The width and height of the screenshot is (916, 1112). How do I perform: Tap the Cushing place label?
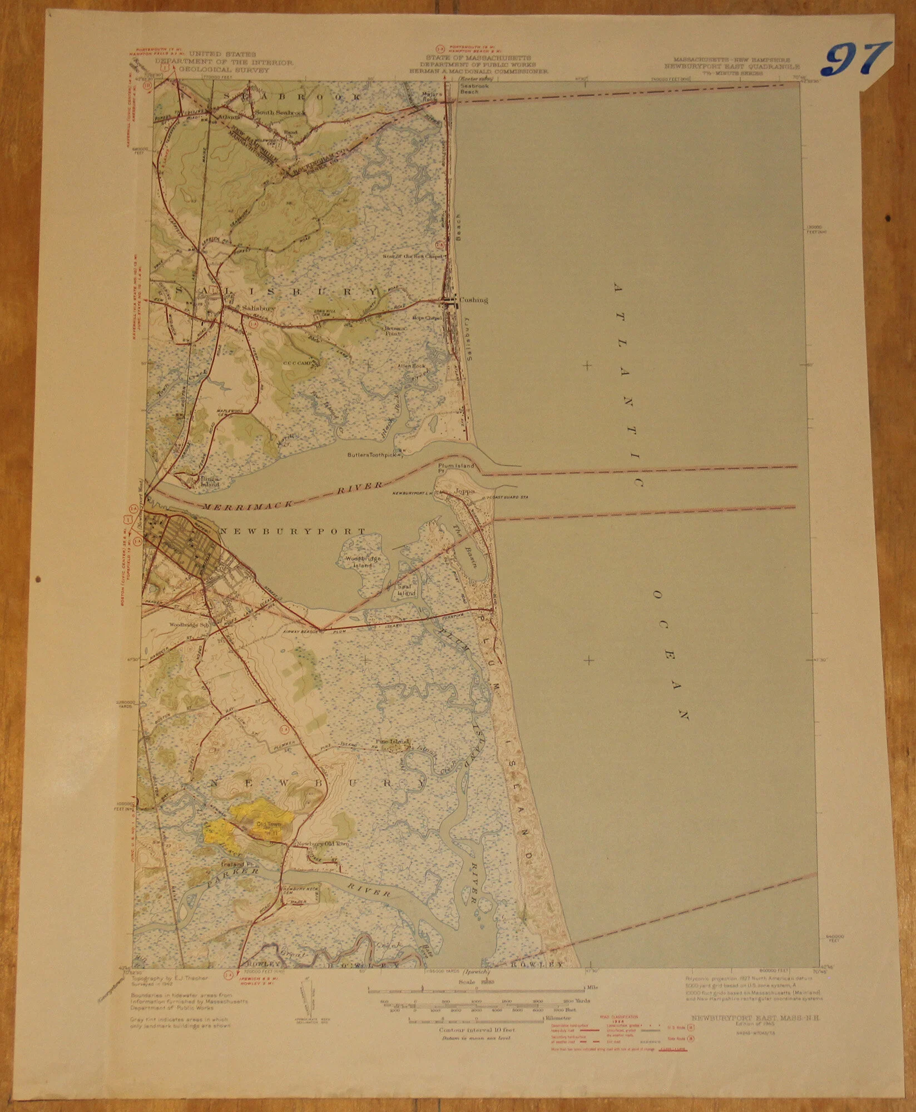[473, 300]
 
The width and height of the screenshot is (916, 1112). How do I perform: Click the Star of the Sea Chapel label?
[412, 257]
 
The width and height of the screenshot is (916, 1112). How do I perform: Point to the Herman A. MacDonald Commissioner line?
[478, 72]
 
